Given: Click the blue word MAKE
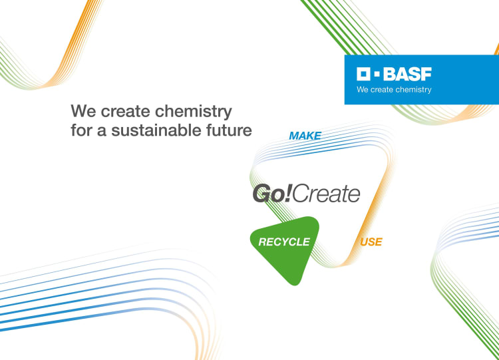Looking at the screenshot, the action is (305, 136).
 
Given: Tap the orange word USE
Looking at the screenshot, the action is (371, 242).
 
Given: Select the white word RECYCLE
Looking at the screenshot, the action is (284, 242).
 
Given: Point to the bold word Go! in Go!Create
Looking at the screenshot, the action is (271, 193).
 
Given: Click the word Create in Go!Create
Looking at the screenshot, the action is (326, 194).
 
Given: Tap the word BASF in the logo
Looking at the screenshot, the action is (407, 74).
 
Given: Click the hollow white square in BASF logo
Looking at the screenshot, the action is (363, 74).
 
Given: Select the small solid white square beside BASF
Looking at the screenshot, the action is (377, 74).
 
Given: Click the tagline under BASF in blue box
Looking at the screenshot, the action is (394, 89).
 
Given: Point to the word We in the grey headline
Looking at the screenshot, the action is (83, 111).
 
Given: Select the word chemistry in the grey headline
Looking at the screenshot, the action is (194, 112).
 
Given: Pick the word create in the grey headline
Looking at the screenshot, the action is (125, 111).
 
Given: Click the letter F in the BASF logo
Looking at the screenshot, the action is (426, 74).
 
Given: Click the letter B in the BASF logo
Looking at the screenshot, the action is (389, 74).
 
